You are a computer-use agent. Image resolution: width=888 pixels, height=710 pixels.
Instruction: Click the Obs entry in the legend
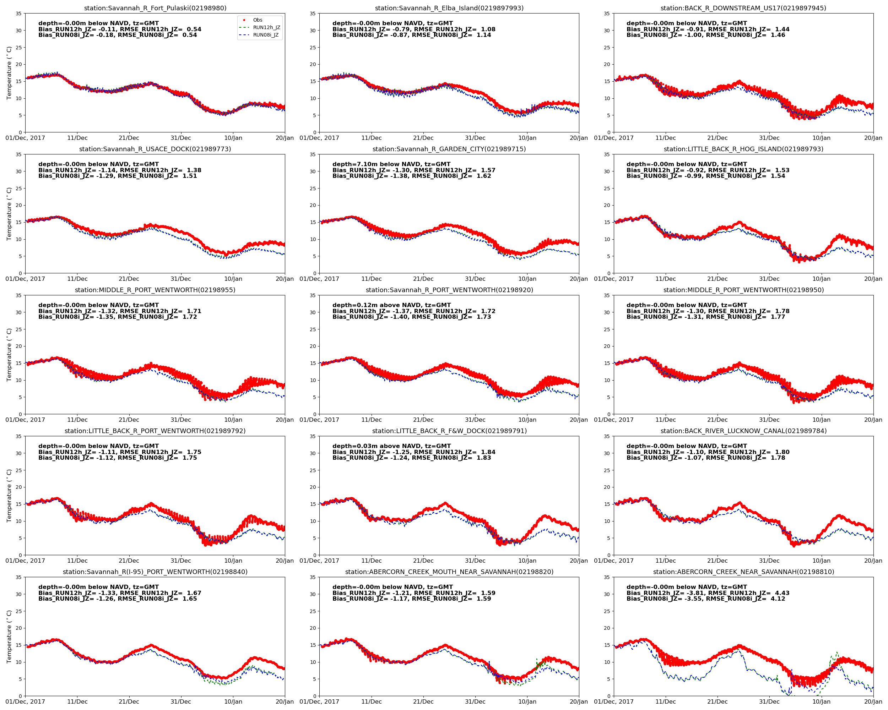pos(258,20)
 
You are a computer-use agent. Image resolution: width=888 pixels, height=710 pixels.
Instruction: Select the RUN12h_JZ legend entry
pos(266,28)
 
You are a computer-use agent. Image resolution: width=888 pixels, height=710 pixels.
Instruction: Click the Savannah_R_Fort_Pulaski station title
pos(155,8)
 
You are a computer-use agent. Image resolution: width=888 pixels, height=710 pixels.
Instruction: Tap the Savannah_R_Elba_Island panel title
pos(449,8)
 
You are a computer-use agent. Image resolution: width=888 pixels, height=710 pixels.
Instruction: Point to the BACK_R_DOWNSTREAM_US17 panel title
pos(743,8)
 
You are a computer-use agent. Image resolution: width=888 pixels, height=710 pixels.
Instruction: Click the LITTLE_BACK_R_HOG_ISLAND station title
pos(743,149)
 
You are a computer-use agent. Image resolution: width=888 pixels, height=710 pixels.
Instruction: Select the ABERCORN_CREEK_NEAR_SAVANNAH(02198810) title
pos(743,572)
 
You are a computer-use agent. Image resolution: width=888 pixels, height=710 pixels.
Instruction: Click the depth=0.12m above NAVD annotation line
pos(391,305)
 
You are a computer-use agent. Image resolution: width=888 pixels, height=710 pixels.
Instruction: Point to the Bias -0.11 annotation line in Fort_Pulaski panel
pos(119,29)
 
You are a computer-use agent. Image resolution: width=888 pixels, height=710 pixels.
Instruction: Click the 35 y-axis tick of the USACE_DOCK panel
pos(18,155)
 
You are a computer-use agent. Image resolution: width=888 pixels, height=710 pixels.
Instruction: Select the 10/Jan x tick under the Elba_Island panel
pos(527,138)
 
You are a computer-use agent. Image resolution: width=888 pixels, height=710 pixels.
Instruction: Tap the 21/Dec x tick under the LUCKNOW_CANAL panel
pos(717,561)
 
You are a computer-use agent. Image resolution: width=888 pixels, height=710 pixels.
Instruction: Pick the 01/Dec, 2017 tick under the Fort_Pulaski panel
pos(25,138)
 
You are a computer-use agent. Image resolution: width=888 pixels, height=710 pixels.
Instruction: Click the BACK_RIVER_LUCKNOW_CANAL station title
pos(743,431)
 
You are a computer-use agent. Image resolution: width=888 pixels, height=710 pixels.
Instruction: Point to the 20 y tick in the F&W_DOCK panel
pos(313,487)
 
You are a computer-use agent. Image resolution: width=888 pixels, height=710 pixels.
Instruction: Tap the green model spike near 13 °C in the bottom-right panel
pos(836,653)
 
